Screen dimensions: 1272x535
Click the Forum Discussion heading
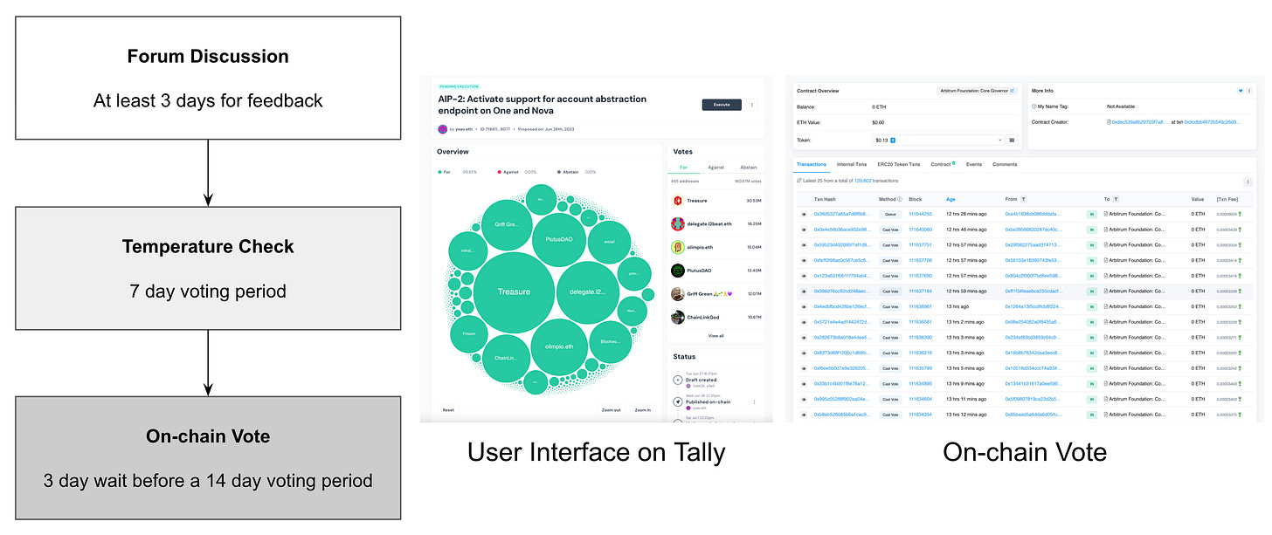[208, 57]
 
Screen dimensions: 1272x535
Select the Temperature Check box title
[208, 247]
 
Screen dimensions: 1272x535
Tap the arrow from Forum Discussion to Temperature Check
[208, 172]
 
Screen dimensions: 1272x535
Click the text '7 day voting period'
[208, 291]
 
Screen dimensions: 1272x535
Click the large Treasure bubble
[514, 292]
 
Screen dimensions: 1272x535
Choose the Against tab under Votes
[715, 167]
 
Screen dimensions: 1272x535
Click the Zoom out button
[611, 409]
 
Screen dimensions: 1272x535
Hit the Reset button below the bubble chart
[448, 409]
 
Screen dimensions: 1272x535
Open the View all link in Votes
[715, 335]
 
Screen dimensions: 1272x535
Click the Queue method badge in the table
[890, 214]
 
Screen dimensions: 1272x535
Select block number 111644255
[920, 214]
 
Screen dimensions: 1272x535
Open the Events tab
[973, 164]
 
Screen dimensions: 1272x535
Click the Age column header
[951, 199]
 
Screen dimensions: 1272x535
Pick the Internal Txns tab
[851, 164]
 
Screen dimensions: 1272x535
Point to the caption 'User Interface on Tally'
[596, 451]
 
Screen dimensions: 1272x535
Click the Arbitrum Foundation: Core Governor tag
[977, 91]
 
